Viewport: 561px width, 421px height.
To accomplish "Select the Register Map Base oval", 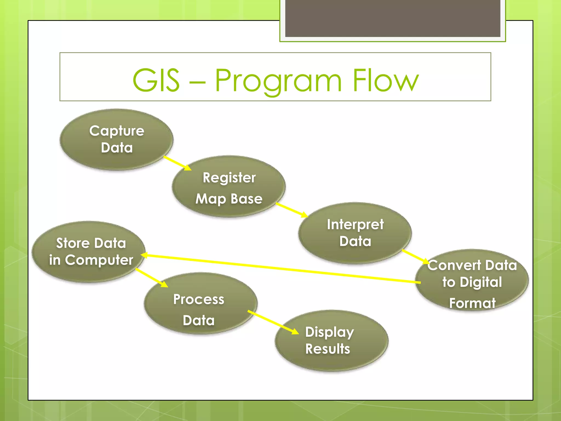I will coord(229,186).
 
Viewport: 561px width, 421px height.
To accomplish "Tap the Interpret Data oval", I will coord(355,233).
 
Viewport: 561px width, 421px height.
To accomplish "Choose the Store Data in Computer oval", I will coord(88,252).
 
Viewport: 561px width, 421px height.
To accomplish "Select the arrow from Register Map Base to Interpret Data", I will coord(291,210).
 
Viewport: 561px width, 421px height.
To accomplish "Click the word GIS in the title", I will coord(156,81).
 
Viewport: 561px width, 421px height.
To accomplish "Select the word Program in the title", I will coord(278,81).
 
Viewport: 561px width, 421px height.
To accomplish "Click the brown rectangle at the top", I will coord(393,18).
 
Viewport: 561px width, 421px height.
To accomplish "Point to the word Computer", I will coord(99,260).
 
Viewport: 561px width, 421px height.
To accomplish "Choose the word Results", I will coord(328,349).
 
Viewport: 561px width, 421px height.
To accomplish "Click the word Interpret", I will coord(355,225).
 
